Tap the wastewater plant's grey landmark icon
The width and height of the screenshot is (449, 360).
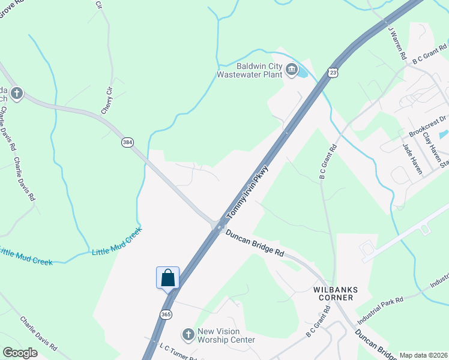292,70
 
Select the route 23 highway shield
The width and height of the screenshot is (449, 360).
333,73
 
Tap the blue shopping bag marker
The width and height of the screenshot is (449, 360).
168,278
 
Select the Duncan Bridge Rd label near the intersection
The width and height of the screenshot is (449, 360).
255,243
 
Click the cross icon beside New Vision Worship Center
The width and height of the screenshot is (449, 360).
188,334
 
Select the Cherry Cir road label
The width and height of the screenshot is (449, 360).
107,101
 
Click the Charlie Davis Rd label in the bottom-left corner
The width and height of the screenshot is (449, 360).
38,333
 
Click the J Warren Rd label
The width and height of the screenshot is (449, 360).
397,42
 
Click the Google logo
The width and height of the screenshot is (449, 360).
20,353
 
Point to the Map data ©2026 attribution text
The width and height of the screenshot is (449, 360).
423,355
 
